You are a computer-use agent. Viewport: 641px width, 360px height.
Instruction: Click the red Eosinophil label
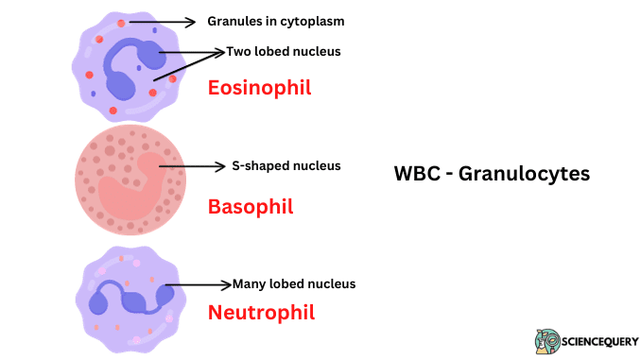pyautogui.click(x=259, y=88)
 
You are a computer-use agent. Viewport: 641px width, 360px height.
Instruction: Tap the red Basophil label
pyautogui.click(x=251, y=206)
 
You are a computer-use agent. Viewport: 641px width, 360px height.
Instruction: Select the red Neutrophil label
pyautogui.click(x=261, y=311)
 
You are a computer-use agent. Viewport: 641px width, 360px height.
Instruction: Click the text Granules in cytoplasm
pyautogui.click(x=276, y=21)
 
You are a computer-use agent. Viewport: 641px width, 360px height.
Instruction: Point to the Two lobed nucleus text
pyautogui.click(x=284, y=51)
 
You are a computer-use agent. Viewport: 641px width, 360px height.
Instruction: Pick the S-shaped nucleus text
pyautogui.click(x=286, y=165)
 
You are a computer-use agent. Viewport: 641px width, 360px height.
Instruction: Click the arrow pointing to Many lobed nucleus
pyautogui.click(x=199, y=283)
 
